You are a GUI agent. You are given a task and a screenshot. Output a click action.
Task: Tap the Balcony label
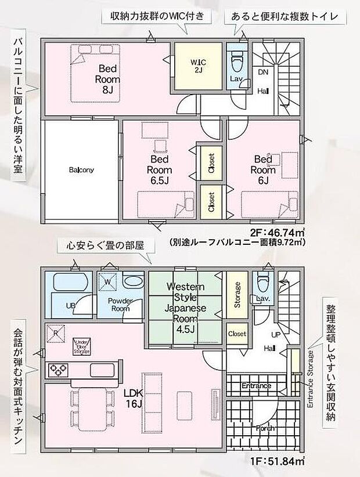(81, 170)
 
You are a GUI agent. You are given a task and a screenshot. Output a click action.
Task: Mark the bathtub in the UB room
(70, 283)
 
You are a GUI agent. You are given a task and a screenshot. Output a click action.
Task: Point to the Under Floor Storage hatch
(81, 347)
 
